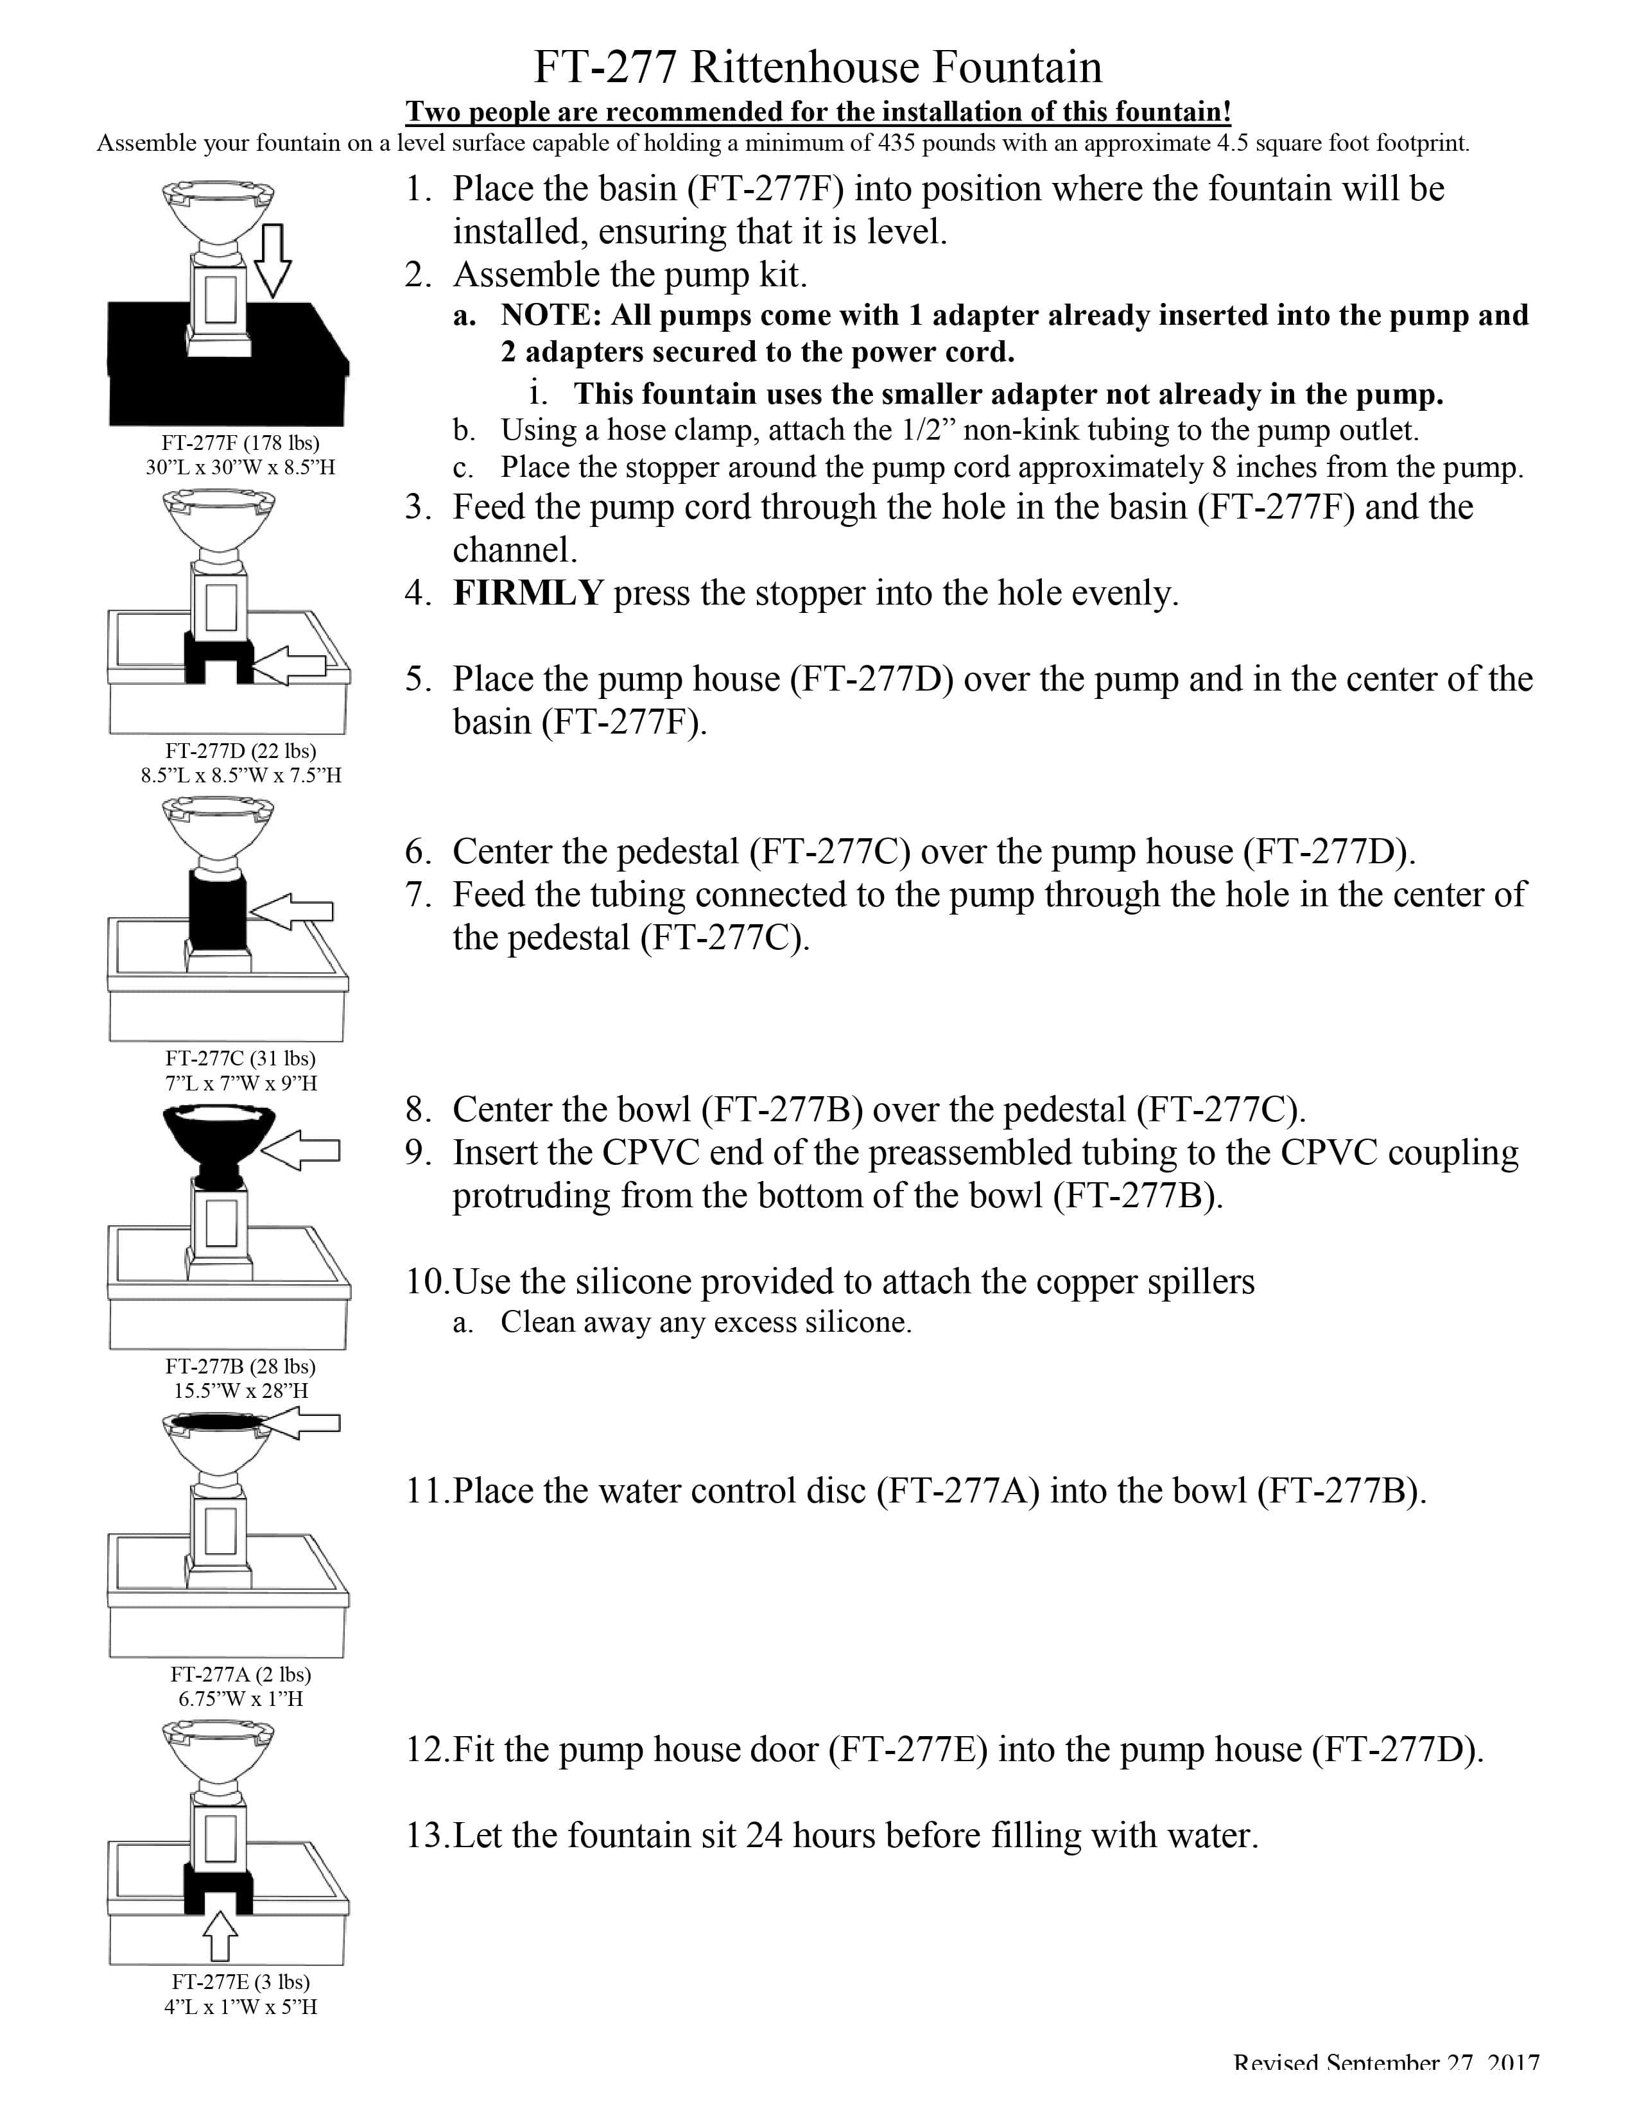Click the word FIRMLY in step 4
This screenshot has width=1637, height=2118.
pos(528,592)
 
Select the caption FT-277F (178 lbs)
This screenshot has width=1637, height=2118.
pos(241,443)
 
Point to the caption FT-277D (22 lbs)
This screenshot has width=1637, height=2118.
pos(241,751)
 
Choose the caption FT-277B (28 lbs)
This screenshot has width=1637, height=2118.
pos(241,1366)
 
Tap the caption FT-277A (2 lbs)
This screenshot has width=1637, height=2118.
pos(241,1674)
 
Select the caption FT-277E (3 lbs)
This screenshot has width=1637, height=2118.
pos(241,1982)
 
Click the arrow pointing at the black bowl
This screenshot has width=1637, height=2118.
pos(300,1150)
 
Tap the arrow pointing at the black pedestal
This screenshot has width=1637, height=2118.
pos(292,911)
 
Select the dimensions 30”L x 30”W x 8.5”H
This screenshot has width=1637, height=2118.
pos(241,467)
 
